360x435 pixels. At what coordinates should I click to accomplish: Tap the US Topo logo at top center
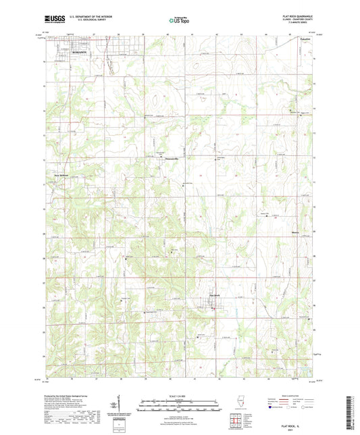pos(180,21)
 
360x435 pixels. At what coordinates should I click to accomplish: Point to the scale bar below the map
pos(180,401)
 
